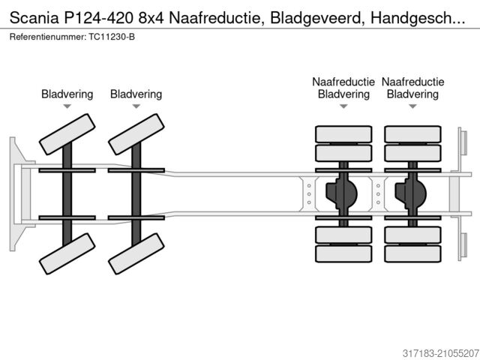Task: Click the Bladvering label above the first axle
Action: (x=67, y=94)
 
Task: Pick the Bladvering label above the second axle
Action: (x=136, y=94)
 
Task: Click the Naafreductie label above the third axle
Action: (x=343, y=82)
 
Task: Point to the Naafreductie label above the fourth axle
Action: (x=412, y=82)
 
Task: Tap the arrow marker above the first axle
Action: (x=67, y=107)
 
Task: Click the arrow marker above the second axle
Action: (x=136, y=107)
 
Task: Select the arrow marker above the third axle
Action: (x=343, y=107)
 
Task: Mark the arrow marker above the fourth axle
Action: (x=412, y=107)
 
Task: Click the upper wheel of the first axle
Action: (x=67, y=133)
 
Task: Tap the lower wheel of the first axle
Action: (x=67, y=253)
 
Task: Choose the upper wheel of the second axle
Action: (x=136, y=133)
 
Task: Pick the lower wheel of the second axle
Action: (x=136, y=253)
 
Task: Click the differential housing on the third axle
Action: (x=342, y=193)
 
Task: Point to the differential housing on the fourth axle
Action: (x=411, y=193)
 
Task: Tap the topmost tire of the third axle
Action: (x=343, y=134)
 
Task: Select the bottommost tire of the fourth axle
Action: (x=412, y=253)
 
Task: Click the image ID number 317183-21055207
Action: (x=430, y=352)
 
